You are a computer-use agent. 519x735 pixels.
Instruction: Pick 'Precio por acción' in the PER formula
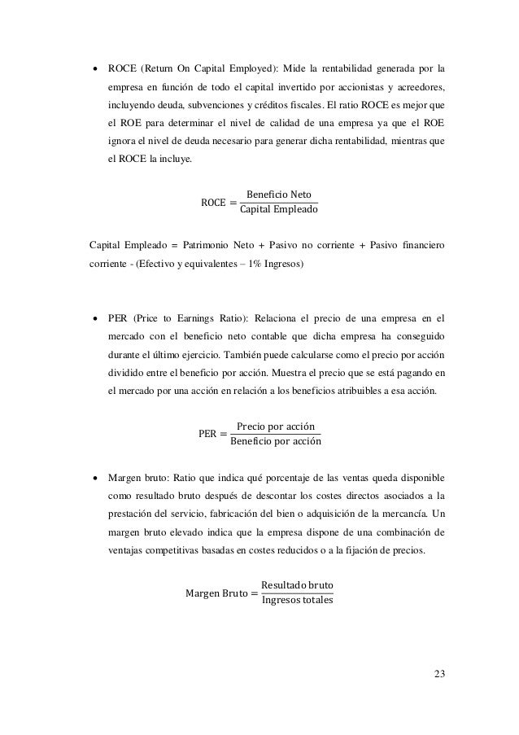(276, 426)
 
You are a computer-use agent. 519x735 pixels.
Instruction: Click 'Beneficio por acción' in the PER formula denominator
(276, 442)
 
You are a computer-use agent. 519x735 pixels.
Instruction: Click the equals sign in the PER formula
(222, 434)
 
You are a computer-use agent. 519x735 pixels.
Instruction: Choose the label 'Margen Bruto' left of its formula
(212, 593)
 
